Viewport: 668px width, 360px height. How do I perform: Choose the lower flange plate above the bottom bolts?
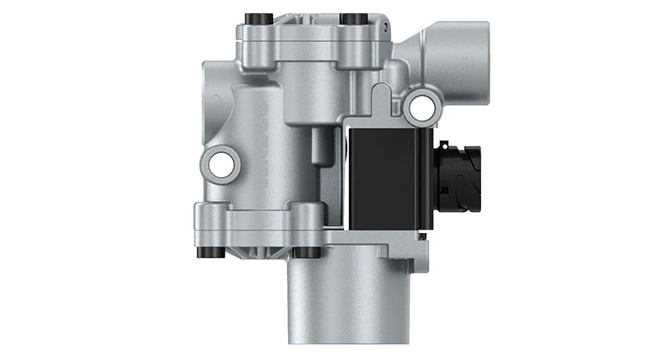coord(259,221)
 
